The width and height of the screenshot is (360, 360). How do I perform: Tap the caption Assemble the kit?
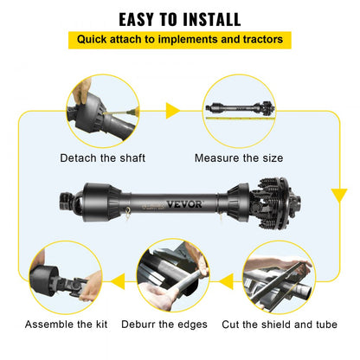click(67, 325)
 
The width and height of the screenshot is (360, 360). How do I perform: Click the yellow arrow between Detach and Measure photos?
click(172, 111)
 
